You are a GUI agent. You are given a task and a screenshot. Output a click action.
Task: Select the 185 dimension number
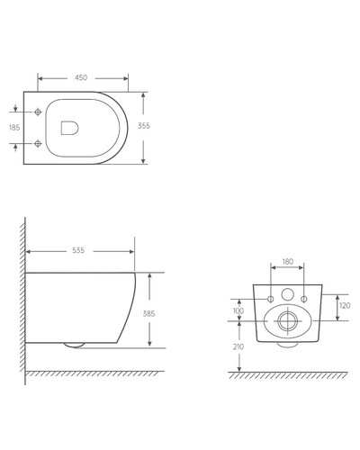tap(13, 127)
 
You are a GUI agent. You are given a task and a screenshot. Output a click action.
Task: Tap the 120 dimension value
tap(346, 306)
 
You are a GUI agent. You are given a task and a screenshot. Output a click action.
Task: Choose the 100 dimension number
tap(238, 310)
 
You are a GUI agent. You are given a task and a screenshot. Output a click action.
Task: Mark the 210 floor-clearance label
tap(238, 346)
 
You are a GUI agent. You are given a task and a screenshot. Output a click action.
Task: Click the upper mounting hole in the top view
tap(36, 112)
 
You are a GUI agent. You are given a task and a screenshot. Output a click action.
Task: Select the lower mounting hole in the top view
tap(36, 143)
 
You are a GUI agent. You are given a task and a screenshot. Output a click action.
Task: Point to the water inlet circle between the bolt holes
tap(288, 294)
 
